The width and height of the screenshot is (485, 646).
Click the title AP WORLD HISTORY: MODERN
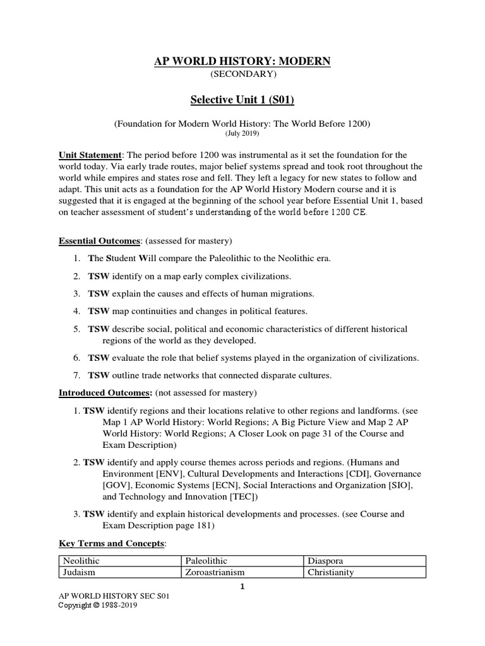[242, 61]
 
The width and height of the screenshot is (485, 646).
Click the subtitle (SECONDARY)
[242, 74]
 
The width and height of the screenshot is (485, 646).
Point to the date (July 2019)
[242, 134]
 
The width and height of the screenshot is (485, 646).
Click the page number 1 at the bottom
[242, 586]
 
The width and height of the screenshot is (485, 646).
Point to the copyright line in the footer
[98, 605]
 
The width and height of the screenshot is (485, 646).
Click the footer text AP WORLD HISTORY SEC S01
[113, 596]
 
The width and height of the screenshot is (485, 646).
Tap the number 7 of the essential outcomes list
[75, 375]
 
